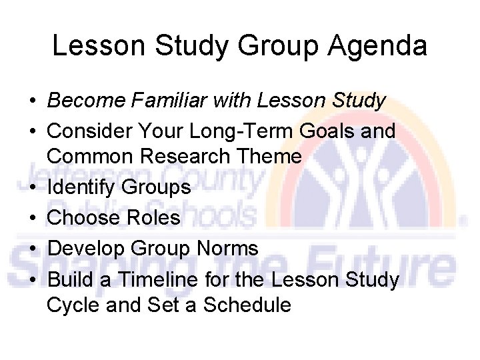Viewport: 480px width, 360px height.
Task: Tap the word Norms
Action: pos(227,249)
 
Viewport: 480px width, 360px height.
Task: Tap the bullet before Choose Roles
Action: pos(32,218)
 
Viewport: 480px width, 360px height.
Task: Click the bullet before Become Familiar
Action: pos(32,101)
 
